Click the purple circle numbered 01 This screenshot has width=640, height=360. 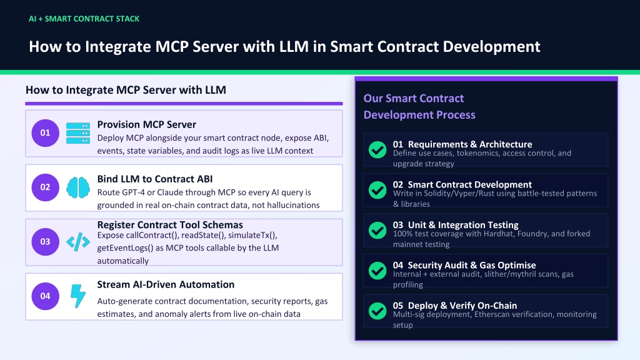point(45,133)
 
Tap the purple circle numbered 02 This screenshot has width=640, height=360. point(45,187)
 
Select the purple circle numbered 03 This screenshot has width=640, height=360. point(45,242)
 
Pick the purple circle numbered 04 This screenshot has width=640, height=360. point(45,296)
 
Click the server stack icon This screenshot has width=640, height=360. point(78,133)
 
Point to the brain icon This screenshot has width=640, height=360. point(78,187)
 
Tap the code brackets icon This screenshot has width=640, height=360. point(78,242)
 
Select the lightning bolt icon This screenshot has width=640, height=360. point(78,296)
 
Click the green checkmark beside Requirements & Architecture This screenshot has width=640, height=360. point(377,150)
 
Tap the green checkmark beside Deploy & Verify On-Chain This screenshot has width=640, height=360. point(377,311)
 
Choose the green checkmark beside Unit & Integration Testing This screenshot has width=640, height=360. point(377,230)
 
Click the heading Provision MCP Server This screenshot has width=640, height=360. point(146,124)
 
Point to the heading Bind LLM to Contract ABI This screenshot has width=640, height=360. point(155,179)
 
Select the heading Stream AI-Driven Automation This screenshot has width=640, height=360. point(166,284)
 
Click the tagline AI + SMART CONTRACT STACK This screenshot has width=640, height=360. point(84,19)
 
